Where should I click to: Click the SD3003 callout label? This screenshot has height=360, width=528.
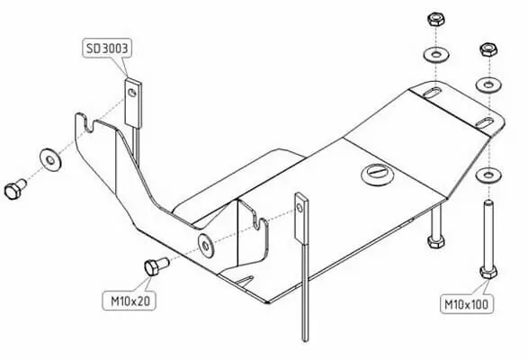[107, 49]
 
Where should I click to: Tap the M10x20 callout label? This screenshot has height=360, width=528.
[130, 301]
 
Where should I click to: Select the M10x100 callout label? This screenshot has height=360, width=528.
[466, 304]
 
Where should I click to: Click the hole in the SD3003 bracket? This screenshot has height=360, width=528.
[132, 92]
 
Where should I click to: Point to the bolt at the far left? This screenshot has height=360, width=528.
[14, 189]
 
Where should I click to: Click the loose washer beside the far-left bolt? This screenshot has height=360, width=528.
[50, 160]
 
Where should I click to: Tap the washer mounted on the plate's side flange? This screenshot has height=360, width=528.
[206, 245]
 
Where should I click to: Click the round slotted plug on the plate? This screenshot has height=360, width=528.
[378, 174]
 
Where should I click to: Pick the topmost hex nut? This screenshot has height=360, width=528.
[435, 19]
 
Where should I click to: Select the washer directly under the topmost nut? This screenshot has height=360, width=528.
[436, 54]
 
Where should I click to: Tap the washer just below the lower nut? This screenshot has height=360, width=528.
[488, 84]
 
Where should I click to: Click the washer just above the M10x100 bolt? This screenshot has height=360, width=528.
[488, 175]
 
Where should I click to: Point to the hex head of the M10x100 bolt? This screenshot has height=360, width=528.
[488, 272]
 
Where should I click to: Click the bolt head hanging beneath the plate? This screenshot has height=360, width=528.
[435, 241]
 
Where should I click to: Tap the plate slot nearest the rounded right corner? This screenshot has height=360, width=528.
[485, 122]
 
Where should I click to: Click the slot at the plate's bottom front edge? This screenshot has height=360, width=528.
[245, 279]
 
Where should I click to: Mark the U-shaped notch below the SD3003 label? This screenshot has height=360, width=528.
[88, 125]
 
